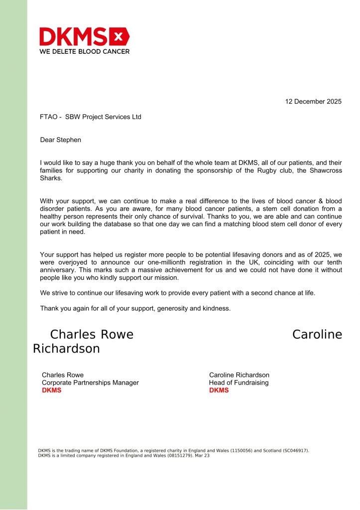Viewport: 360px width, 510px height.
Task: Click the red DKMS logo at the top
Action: coord(84,37)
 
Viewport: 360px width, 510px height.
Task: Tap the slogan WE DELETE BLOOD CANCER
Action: coord(84,51)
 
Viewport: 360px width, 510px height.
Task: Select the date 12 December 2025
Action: coord(313,102)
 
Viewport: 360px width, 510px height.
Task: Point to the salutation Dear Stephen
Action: coord(60,140)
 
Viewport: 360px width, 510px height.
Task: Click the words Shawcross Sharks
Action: coord(316,171)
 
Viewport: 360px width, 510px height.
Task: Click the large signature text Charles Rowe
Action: coord(92,334)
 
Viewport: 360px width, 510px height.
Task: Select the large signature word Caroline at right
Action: coord(317,334)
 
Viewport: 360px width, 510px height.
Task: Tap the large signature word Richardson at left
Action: coord(66,349)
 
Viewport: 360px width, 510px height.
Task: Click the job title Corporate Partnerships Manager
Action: coord(90,382)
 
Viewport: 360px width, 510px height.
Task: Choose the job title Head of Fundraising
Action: coord(239,382)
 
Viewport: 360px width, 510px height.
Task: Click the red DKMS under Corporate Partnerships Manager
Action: coord(51,390)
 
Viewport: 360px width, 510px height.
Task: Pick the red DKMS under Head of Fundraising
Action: coord(219,390)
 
